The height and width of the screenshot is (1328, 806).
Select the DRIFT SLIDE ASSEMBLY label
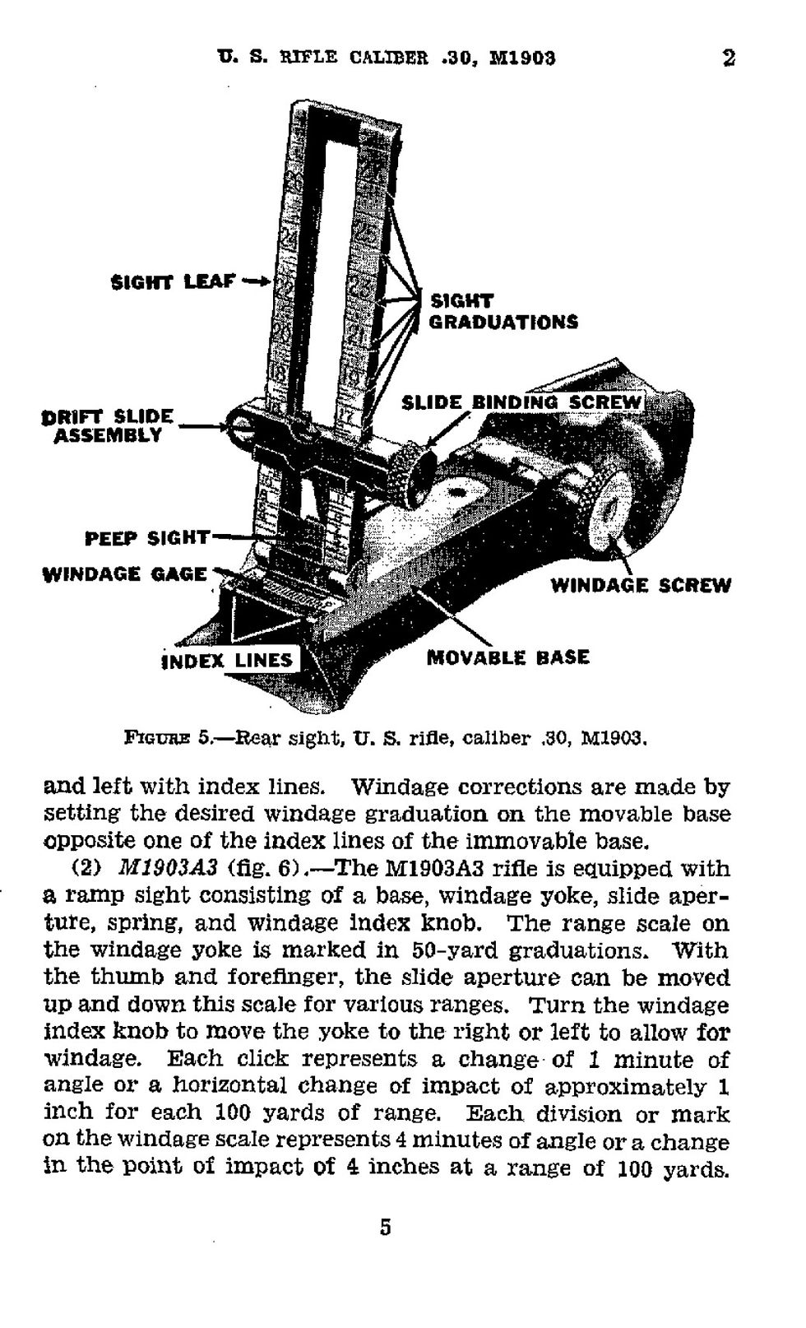108,425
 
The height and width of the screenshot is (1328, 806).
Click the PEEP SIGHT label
147,538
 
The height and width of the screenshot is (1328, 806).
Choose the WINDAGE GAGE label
124,573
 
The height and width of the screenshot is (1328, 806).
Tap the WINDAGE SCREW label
640,585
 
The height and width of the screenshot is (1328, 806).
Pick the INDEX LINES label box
228,660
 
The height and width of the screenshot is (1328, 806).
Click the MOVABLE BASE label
508,657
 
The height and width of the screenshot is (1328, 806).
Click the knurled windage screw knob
609,508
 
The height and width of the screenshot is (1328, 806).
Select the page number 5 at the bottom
386,1228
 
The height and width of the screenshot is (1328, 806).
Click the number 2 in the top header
729,58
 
